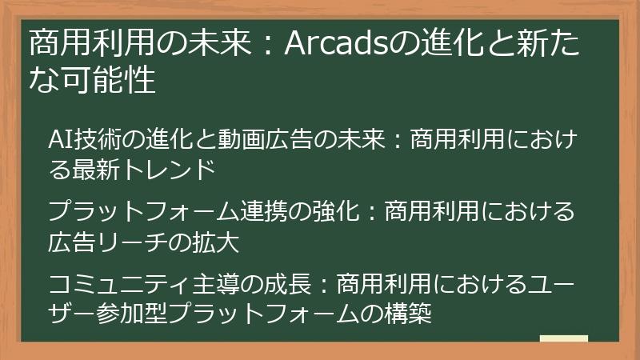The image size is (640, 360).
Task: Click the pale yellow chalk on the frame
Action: [x=564, y=338]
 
